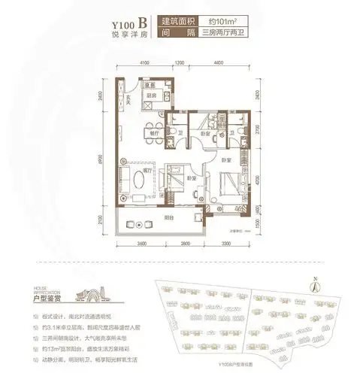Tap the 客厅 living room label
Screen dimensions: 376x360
[x=146, y=171]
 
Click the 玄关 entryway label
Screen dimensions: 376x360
[x=129, y=98]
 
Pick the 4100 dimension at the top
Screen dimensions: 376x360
[x=144, y=64]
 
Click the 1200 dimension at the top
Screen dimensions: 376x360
[x=180, y=64]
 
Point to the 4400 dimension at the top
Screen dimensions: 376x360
[x=217, y=64]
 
